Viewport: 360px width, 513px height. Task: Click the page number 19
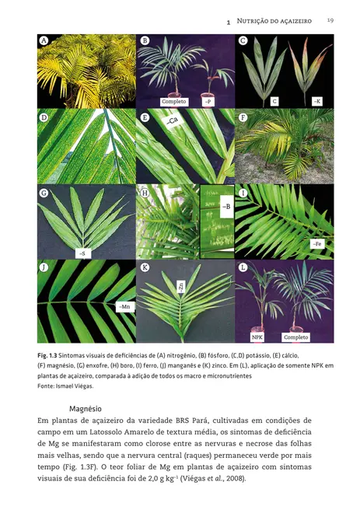pyautogui.click(x=330, y=20)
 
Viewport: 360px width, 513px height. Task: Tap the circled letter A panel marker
pyautogui.click(x=44, y=40)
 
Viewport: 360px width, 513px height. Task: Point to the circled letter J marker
pyautogui.click(x=44, y=268)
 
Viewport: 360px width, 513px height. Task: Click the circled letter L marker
pyautogui.click(x=243, y=268)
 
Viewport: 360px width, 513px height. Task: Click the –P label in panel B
pyautogui.click(x=208, y=101)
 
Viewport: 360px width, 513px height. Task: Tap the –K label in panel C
pyautogui.click(x=316, y=101)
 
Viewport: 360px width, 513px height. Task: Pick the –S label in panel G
pyautogui.click(x=82, y=253)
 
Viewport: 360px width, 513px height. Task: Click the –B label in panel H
pyautogui.click(x=225, y=208)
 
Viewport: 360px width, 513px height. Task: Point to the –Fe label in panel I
pyautogui.click(x=316, y=244)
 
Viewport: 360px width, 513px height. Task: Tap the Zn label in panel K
pyautogui.click(x=180, y=287)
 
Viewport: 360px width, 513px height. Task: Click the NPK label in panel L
pyautogui.click(x=257, y=337)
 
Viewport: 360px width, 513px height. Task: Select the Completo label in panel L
pyautogui.click(x=295, y=337)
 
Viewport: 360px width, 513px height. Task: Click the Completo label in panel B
pyautogui.click(x=174, y=101)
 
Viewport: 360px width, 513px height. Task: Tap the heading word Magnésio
pyautogui.click(x=86, y=408)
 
